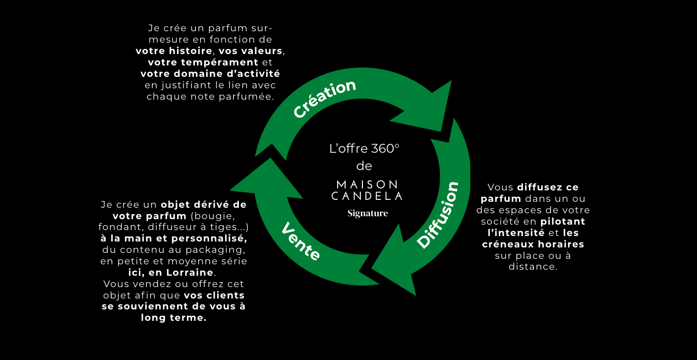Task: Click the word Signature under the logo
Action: [367, 214]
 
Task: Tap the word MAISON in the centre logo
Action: [367, 184]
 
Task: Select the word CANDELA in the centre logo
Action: [367, 196]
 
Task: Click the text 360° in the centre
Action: [385, 149]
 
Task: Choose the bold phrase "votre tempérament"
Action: [203, 62]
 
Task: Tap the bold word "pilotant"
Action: [563, 221]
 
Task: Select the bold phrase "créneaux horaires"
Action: [533, 244]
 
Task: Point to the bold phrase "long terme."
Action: [174, 318]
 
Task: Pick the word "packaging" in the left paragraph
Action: [222, 250]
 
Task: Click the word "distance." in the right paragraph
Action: [533, 267]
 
